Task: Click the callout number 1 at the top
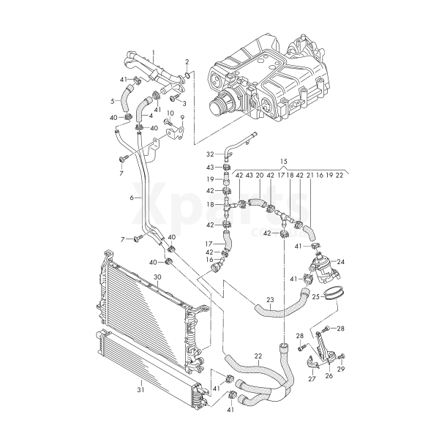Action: [x=154, y=53]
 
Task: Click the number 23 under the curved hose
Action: [x=270, y=299]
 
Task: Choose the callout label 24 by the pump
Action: [x=340, y=260]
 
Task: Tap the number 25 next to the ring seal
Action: [x=316, y=297]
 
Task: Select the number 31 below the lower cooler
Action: [x=141, y=390]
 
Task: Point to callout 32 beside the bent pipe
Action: [x=210, y=154]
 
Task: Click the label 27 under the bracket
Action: [x=312, y=379]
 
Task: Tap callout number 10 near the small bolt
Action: [x=169, y=113]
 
